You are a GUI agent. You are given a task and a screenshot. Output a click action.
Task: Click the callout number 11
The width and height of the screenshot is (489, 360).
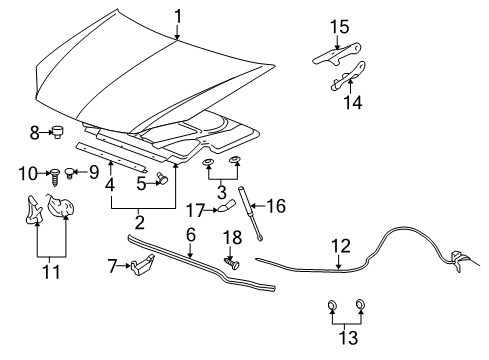pyautogui.click(x=51, y=271)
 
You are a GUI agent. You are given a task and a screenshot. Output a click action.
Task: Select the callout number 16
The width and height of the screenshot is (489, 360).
pyautogui.click(x=275, y=206)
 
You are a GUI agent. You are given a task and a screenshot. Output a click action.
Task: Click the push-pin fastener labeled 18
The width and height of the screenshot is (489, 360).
pyautogui.click(x=231, y=265)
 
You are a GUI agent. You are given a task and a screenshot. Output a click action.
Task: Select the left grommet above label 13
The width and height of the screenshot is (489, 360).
pyautogui.click(x=331, y=307)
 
